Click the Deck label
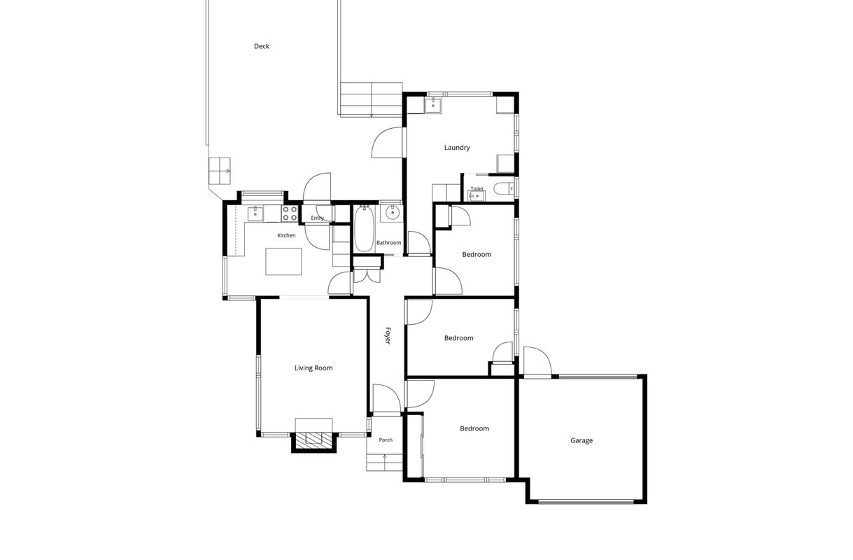click(262, 46)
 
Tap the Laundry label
click(457, 148)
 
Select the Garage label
click(581, 440)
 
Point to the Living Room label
click(313, 368)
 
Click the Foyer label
click(388, 335)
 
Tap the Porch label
click(386, 440)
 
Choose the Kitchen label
click(286, 235)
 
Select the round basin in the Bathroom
click(391, 213)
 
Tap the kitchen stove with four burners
click(290, 213)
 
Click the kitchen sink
click(255, 213)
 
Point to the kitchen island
click(283, 261)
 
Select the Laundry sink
click(433, 105)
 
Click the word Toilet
click(477, 188)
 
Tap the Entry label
click(317, 218)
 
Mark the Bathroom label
click(388, 243)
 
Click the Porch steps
click(384, 463)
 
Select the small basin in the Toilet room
click(477, 196)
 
